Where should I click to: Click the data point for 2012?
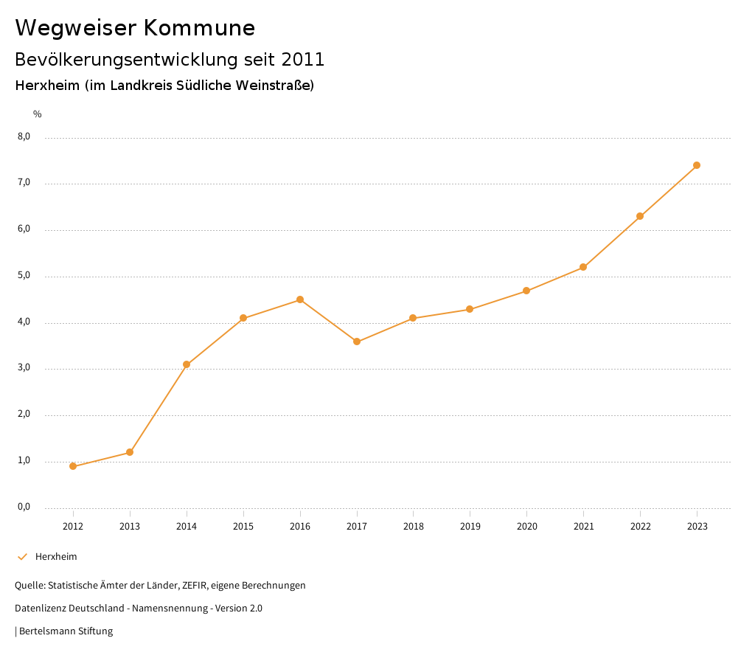tap(73, 466)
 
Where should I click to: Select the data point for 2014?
tap(187, 364)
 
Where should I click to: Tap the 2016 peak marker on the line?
tap(300, 299)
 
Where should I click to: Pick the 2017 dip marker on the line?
tap(357, 342)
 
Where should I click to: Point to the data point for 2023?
tap(697, 165)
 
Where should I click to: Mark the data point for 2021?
tap(583, 267)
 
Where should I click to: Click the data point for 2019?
tap(470, 309)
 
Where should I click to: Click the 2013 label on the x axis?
tap(130, 526)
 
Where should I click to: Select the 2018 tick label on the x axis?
tap(414, 526)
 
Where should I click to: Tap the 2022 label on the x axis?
tap(640, 526)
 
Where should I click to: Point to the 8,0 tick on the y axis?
tap(24, 136)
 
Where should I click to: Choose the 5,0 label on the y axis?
tap(24, 275)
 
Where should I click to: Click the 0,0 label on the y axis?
tap(24, 507)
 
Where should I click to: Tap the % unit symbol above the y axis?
tap(38, 114)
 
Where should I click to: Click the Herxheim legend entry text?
tap(56, 557)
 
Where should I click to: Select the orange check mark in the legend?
tap(22, 557)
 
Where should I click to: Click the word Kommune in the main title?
tap(199, 28)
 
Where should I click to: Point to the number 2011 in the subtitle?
tap(303, 59)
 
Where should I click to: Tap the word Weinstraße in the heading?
tap(272, 86)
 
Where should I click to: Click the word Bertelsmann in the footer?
tap(47, 631)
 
